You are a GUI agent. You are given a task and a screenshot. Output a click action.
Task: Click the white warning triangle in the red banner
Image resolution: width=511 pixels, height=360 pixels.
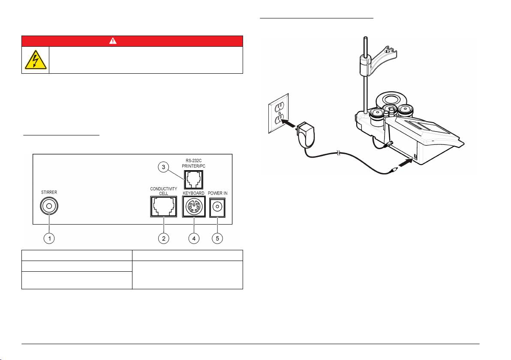click(132, 41)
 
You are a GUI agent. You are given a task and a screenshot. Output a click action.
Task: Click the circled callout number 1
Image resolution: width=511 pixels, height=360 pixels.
click(50, 239)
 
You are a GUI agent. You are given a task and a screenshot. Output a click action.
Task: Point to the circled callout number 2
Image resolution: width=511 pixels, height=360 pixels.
click(163, 239)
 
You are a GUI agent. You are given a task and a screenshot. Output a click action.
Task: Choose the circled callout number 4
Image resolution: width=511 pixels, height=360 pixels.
click(195, 239)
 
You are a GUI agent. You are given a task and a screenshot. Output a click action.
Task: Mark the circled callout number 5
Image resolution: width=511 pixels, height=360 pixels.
click(219, 239)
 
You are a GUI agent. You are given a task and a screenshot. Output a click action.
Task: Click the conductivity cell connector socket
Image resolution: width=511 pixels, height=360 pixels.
click(163, 207)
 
